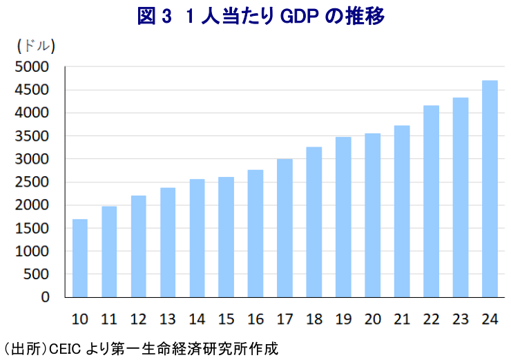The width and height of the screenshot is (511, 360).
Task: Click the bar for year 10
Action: coord(80,258)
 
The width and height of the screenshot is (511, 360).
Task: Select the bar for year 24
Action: coord(490,189)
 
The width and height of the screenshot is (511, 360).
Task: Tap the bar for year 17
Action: coord(285,228)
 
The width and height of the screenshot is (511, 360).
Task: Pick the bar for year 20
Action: coord(372,215)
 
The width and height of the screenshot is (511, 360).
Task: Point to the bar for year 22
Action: coord(431,201)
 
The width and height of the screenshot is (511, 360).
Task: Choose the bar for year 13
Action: coord(168,242)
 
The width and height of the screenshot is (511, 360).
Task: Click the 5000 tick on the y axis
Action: coord(33,67)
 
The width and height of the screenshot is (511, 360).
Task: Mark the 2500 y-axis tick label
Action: coord(33,182)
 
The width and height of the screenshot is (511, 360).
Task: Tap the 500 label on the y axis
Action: coord(37,274)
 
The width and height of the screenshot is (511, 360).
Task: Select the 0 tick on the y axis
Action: coord(45,297)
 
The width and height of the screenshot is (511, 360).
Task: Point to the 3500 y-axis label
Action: coord(33,136)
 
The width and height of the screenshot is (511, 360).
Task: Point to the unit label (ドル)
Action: coord(35,46)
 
